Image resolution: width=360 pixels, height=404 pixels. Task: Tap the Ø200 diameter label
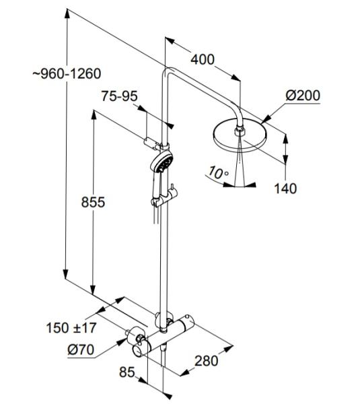(302, 95)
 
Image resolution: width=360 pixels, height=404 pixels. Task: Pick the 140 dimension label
(285, 189)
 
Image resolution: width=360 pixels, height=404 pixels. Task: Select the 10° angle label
(217, 173)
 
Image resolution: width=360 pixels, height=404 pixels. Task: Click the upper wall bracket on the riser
(153, 142)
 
